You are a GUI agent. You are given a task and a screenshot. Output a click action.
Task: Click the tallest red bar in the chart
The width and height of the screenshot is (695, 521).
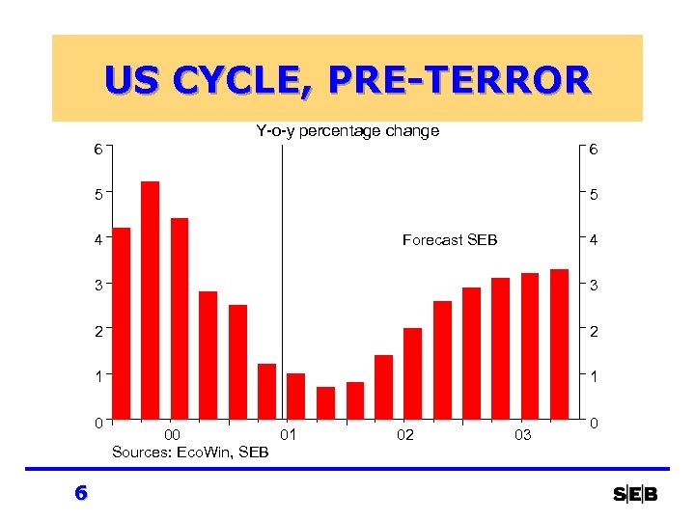[150, 300]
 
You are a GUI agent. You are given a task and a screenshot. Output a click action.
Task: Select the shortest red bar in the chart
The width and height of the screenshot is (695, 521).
[325, 403]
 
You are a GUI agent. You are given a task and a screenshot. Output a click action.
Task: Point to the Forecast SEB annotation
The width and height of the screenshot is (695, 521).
[450, 240]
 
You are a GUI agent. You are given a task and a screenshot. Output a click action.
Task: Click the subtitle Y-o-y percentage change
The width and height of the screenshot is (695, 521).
[347, 130]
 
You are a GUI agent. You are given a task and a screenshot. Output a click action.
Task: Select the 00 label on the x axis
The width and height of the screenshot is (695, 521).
[171, 435]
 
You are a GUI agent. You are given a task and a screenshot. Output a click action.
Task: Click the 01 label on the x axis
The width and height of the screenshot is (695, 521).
[287, 435]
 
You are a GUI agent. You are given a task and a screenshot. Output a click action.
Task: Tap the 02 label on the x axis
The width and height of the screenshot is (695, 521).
[404, 435]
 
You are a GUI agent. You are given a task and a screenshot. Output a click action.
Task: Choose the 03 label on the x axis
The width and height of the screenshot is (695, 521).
[521, 435]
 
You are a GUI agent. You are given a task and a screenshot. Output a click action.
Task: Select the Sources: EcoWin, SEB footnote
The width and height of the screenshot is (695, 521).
[190, 452]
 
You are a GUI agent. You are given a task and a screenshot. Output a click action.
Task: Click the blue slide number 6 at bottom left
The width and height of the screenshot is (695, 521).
[81, 493]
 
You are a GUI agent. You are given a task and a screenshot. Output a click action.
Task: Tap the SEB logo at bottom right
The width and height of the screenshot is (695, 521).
[635, 495]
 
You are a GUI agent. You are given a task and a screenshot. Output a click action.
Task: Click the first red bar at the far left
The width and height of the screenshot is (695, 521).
[121, 323]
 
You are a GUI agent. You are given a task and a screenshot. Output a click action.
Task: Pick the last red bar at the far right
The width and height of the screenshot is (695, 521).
[559, 344]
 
